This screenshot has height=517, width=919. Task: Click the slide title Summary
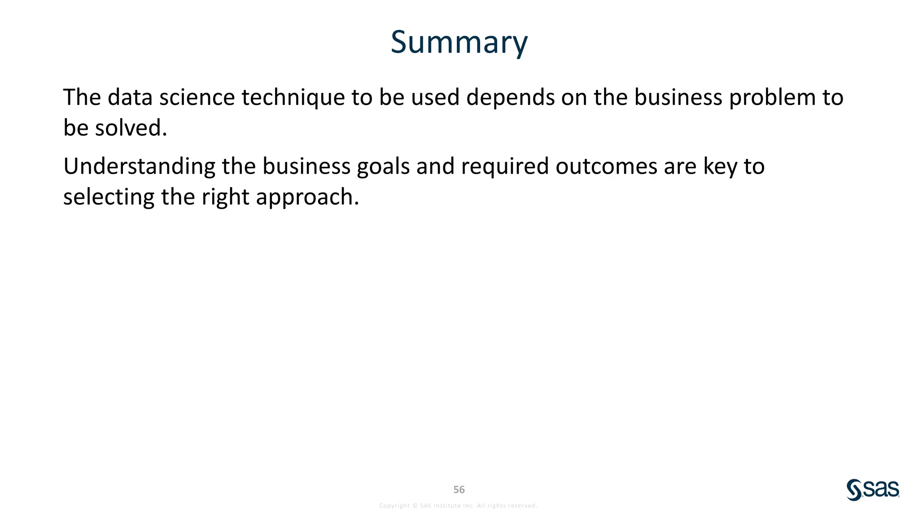(x=459, y=42)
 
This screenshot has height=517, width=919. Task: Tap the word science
(x=197, y=97)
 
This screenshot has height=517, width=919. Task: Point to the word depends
(x=510, y=97)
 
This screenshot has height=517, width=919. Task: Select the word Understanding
(x=139, y=166)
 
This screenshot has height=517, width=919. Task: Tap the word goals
(x=383, y=166)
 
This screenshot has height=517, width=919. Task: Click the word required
(x=505, y=166)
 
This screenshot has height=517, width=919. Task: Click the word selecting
(x=109, y=197)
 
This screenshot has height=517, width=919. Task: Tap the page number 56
(x=459, y=490)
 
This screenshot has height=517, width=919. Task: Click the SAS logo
(x=873, y=490)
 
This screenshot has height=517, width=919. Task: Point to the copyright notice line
(x=458, y=506)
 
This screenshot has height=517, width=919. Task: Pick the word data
(x=130, y=97)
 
